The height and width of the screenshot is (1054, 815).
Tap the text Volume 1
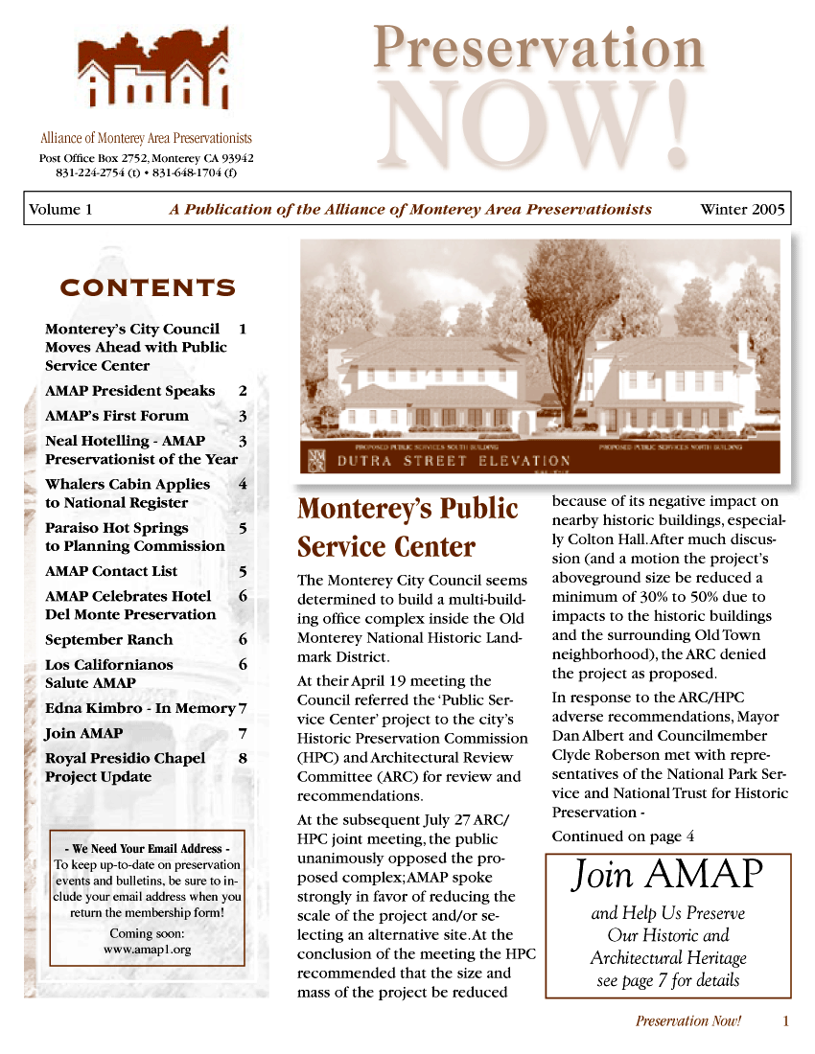pyautogui.click(x=60, y=210)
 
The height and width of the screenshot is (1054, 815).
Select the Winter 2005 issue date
pyautogui.click(x=742, y=210)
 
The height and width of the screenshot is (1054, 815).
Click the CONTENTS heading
pyautogui.click(x=148, y=288)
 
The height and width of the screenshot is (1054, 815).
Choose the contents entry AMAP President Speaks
pyautogui.click(x=130, y=391)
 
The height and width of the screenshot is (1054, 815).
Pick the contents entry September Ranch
pyautogui.click(x=109, y=640)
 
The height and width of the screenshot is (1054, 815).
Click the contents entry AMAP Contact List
pyautogui.click(x=111, y=571)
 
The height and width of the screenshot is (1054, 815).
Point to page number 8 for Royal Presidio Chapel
pyautogui.click(x=243, y=758)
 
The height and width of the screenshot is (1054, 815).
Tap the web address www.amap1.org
pyautogui.click(x=148, y=950)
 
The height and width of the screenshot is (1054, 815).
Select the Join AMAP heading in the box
pyautogui.click(x=668, y=875)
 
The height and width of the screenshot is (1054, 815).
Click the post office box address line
pyautogui.click(x=146, y=158)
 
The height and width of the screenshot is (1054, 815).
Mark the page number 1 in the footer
pyautogui.click(x=785, y=1021)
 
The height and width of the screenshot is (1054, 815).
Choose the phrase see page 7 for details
pyautogui.click(x=668, y=980)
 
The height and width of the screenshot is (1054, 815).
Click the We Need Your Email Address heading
pyautogui.click(x=147, y=849)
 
